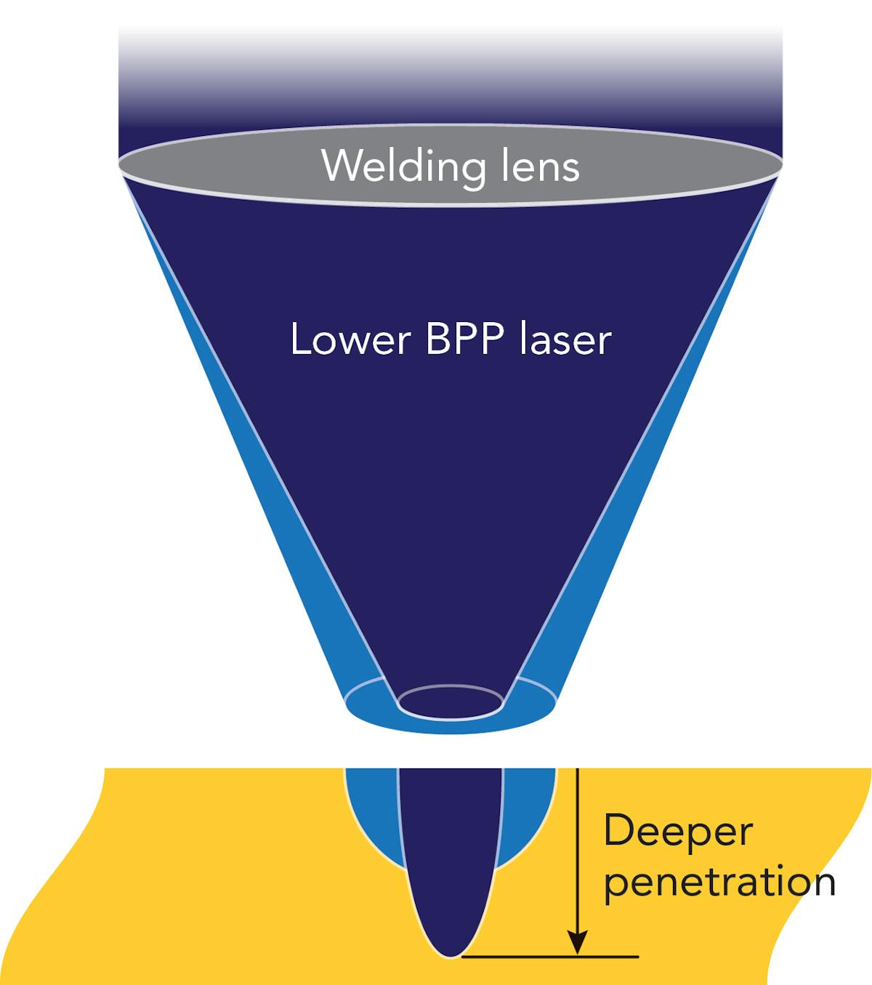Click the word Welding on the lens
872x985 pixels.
pos(404,166)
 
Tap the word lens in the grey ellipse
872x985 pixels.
pos(538,166)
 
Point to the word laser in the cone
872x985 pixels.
pos(565,339)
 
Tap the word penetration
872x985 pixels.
pos(719,882)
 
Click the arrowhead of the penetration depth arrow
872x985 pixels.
pos(577,941)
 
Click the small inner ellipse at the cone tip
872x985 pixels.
pos(451,701)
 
